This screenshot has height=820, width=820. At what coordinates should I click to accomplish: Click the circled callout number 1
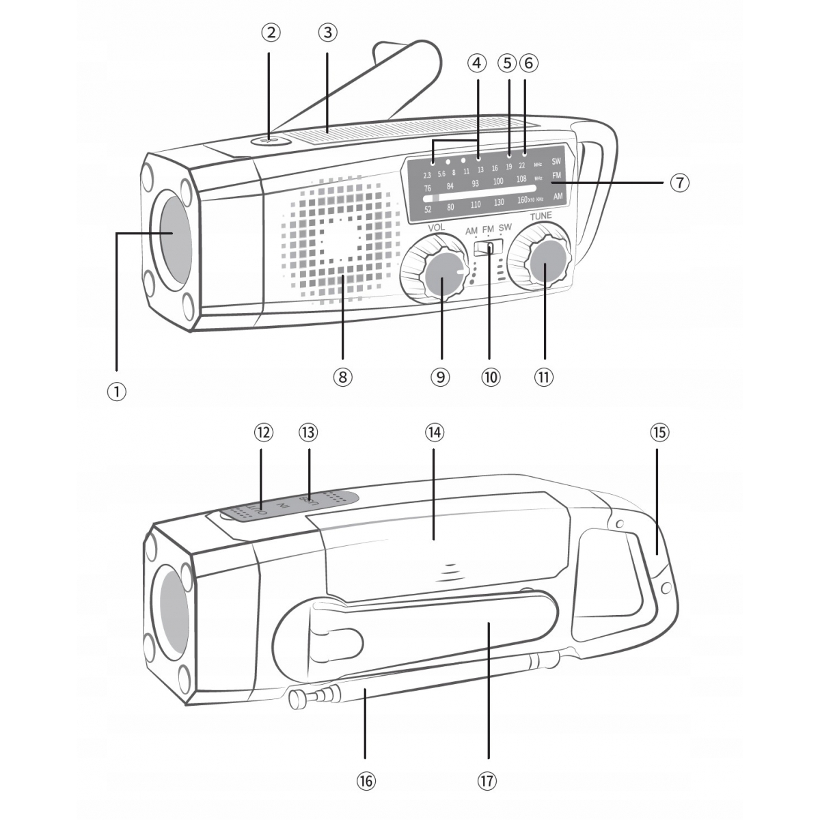[117, 392]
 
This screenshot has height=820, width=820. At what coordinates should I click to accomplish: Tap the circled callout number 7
[679, 183]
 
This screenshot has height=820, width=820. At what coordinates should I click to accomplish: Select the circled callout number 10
[490, 377]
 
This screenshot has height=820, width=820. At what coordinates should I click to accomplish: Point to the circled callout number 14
[434, 433]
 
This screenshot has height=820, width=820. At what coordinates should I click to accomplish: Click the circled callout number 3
[327, 32]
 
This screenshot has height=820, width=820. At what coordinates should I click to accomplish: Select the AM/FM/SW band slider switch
[488, 247]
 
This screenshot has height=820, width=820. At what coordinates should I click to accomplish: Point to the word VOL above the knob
[436, 227]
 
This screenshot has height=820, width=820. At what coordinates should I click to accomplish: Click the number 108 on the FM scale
[521, 179]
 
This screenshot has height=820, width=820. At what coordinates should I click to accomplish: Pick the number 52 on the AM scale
[428, 209]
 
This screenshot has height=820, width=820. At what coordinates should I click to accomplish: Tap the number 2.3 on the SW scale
[427, 176]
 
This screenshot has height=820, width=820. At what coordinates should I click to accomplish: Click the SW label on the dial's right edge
[556, 162]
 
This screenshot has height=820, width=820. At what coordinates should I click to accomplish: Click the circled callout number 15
[659, 433]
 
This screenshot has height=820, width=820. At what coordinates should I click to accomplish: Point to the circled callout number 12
[263, 433]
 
